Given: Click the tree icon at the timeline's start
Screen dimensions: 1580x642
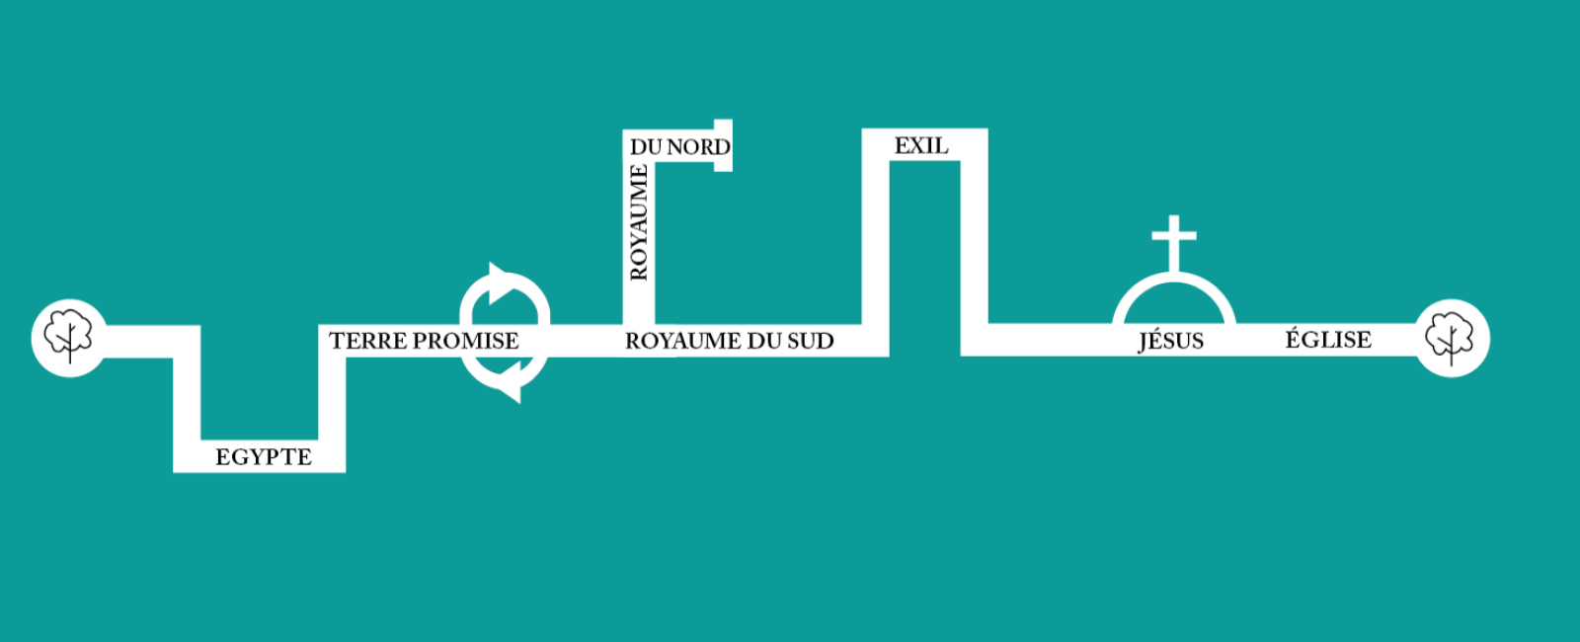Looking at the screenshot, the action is tap(68, 336).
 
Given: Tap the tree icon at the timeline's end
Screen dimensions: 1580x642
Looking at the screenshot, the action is tap(1450, 338).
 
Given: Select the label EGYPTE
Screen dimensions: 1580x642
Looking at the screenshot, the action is tap(264, 457).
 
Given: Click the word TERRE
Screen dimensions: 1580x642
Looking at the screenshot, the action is tap(368, 341).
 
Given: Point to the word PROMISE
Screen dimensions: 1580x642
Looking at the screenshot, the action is tap(466, 341).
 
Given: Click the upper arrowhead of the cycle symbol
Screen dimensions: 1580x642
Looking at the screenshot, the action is tap(501, 282).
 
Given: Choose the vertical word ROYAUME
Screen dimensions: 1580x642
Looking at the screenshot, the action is tap(639, 222).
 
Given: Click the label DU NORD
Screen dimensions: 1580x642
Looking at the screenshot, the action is tap(680, 147).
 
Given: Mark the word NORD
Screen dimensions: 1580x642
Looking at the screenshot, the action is tap(699, 147).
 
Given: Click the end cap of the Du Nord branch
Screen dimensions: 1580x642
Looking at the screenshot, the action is tap(723, 145).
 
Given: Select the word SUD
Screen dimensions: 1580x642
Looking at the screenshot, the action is tap(811, 341).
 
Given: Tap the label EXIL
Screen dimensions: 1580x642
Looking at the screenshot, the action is tap(921, 145).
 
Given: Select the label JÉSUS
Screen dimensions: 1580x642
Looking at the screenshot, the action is tap(1171, 340).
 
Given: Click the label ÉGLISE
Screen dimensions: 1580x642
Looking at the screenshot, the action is tap(1328, 339).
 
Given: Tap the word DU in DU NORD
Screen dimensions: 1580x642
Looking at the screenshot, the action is tap(646, 147).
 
